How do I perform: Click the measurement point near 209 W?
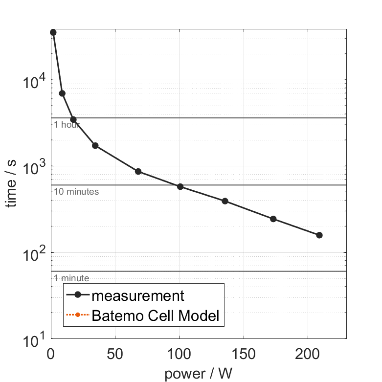click(319, 235)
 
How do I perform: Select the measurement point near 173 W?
click(273, 219)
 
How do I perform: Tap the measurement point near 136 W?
click(225, 201)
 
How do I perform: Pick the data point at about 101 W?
click(180, 186)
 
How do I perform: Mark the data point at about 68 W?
click(138, 172)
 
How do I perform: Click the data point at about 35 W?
click(95, 146)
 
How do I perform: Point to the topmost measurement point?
click(53, 32)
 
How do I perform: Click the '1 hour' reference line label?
click(67, 125)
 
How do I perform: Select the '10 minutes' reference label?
click(76, 192)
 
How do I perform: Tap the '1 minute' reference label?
click(71, 278)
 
